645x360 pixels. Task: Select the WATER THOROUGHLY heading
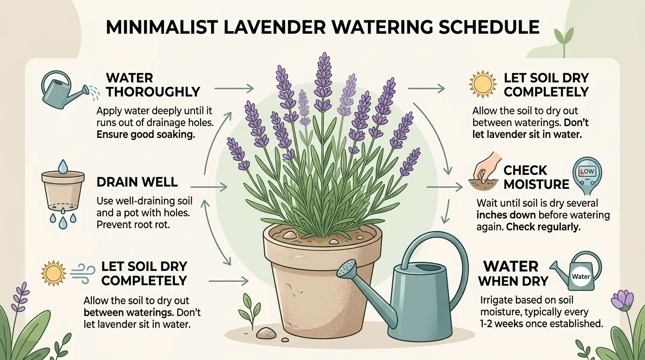(x=153, y=84)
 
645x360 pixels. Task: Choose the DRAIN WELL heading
(x=137, y=181)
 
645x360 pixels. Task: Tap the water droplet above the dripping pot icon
(x=62, y=165)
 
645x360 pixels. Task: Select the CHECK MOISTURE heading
(x=536, y=177)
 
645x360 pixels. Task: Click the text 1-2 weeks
(x=500, y=323)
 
